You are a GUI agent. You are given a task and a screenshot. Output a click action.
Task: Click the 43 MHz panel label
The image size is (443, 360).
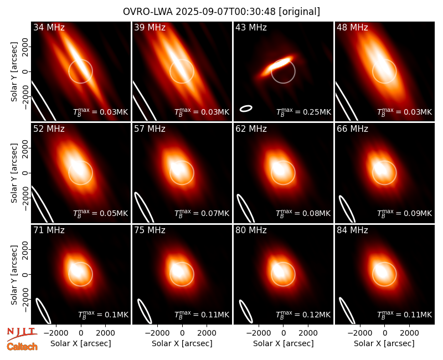(251, 27)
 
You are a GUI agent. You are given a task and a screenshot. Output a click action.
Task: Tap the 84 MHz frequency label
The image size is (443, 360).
(352, 230)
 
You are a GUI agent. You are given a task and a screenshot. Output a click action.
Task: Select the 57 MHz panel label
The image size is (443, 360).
(150, 129)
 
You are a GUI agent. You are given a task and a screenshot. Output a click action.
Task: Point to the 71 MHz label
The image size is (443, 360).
(49, 230)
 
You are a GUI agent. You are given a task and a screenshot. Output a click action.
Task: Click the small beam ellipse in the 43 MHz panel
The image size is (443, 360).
(246, 109)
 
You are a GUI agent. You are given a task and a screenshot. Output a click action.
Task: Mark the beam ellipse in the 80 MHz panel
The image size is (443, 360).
(246, 311)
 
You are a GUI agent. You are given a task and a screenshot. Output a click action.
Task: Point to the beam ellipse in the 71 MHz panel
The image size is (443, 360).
(43, 311)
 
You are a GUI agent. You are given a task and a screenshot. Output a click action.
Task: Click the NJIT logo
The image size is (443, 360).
(22, 333)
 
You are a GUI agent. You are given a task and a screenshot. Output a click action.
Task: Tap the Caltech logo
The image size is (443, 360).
(22, 347)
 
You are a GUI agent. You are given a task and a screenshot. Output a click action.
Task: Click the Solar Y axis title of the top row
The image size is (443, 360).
(14, 72)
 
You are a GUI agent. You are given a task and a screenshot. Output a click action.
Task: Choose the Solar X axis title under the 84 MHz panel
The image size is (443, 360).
(384, 343)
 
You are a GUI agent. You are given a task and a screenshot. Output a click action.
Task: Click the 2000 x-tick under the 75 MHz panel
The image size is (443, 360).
(207, 333)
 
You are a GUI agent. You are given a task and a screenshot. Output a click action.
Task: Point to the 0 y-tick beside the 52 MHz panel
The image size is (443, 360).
(26, 173)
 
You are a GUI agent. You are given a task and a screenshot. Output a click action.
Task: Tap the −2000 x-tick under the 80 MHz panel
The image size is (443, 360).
(259, 333)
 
